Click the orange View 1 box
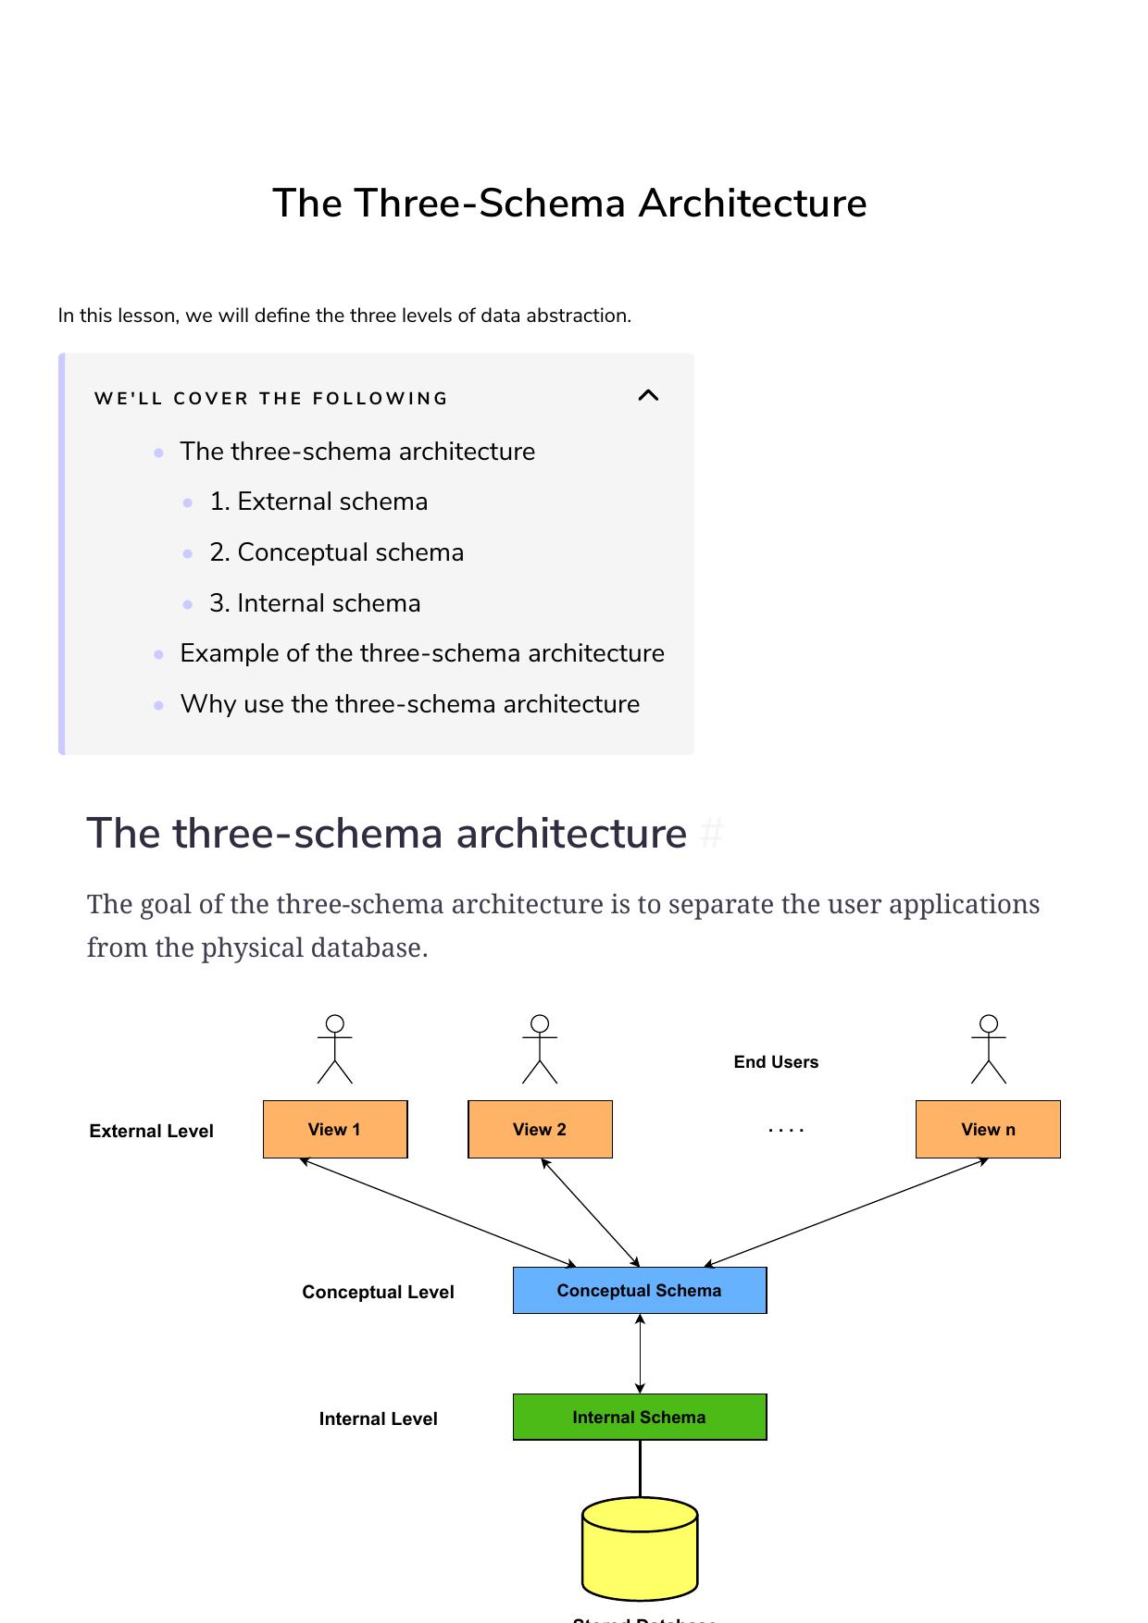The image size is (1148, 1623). (335, 1129)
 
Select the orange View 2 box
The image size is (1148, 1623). (540, 1129)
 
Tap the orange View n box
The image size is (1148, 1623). (988, 1129)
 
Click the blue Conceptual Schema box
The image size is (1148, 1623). (640, 1290)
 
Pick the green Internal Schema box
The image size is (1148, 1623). (640, 1417)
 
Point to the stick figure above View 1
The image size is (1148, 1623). (335, 1049)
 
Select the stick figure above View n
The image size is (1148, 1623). (989, 1049)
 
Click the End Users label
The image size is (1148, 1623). (776, 1062)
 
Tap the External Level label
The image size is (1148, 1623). (151, 1131)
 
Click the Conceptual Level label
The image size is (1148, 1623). (378, 1292)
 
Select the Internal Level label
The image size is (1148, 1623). (378, 1419)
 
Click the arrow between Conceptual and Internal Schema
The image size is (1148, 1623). (640, 1353)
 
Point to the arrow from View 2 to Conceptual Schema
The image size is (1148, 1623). (591, 1212)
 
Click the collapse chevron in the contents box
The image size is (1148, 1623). (648, 396)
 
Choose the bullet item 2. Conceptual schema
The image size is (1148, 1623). (336, 552)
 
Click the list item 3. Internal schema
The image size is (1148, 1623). (315, 603)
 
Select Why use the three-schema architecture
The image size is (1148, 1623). (409, 704)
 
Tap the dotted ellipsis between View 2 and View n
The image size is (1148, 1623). (786, 1130)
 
